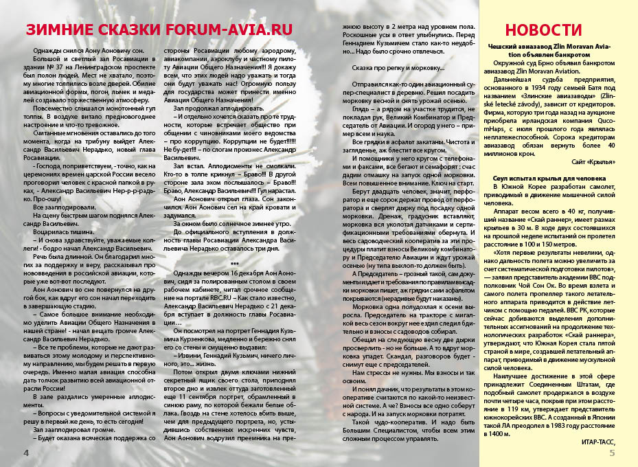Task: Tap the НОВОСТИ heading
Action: point(543,30)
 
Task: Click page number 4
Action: point(26,453)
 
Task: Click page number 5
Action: point(612,453)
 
